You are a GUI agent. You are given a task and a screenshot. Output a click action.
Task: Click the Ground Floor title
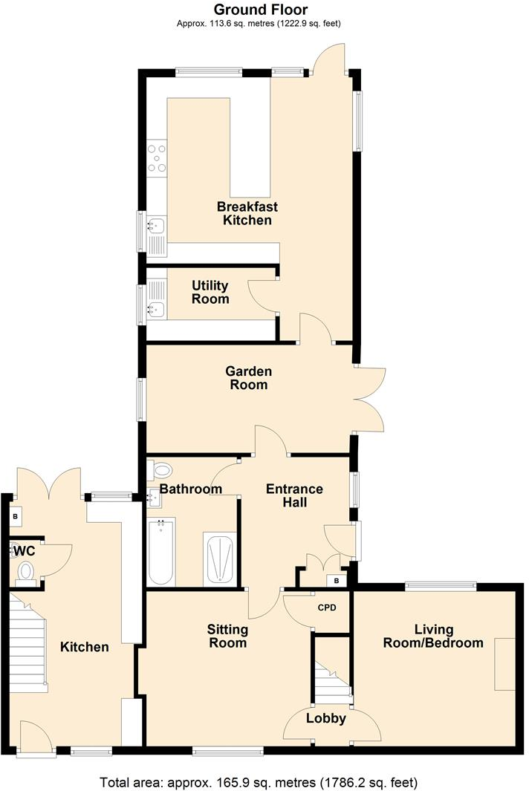(x=260, y=10)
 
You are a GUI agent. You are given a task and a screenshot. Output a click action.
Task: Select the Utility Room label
(x=210, y=292)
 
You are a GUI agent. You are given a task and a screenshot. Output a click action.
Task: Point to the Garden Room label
(x=250, y=378)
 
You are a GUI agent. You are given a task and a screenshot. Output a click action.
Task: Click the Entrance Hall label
(x=294, y=495)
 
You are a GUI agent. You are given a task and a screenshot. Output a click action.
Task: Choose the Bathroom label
(x=191, y=489)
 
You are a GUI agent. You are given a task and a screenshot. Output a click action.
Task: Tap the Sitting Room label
(x=227, y=636)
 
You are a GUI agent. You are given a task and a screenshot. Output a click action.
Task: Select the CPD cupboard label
(x=327, y=608)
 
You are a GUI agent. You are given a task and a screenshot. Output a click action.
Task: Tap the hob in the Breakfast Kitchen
(x=158, y=158)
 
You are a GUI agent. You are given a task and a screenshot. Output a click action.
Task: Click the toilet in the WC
(x=25, y=570)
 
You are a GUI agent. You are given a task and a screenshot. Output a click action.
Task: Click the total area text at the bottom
(x=259, y=782)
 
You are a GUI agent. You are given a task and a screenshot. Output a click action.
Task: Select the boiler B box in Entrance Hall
(x=337, y=580)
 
